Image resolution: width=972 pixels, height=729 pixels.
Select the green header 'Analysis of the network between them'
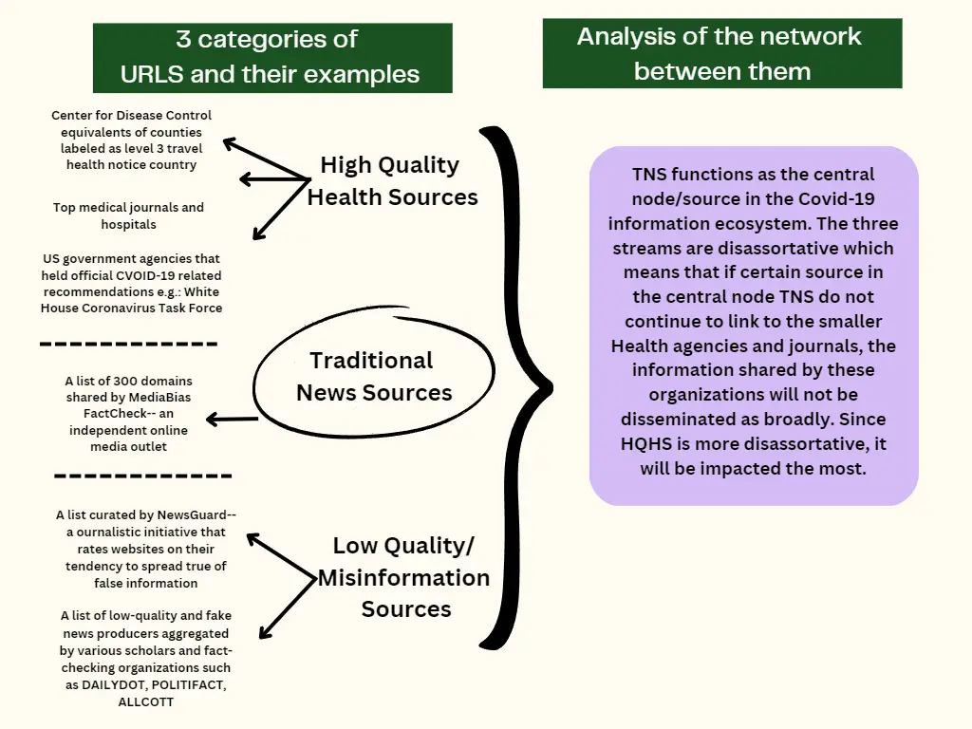pos(721,53)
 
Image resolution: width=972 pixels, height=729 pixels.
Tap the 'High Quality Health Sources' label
pos(391,180)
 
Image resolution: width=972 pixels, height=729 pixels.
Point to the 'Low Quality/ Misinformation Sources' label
pos(403,577)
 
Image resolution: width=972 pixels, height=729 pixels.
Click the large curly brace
pos(513,384)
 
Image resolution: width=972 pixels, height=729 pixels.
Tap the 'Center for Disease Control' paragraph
pos(131,140)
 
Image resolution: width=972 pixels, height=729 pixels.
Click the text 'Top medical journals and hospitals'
pos(128,215)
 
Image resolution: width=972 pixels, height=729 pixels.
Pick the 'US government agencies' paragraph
pos(131,283)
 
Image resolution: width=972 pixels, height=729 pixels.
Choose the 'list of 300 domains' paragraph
pos(129,414)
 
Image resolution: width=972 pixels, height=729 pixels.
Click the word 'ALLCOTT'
pos(145,702)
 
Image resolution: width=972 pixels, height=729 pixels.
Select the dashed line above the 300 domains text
pos(129,345)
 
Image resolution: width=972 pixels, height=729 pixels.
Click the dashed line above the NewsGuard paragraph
pos(142,476)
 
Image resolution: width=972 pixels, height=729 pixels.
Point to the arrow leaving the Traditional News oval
pos(233,419)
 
